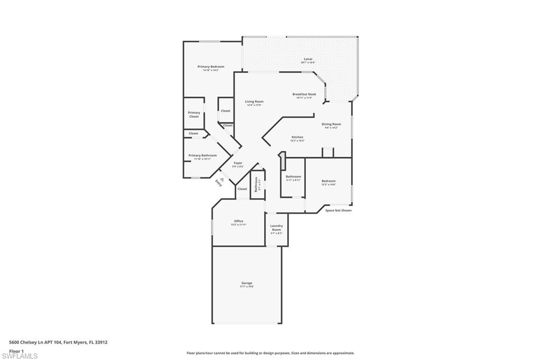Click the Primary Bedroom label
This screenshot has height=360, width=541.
point(211,67)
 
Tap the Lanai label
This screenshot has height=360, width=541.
point(307,59)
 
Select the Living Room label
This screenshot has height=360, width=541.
point(254,102)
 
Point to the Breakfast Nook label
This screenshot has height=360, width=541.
point(304,94)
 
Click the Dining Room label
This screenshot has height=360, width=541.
point(331,125)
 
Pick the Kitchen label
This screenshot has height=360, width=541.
point(297,137)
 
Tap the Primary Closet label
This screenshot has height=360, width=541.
point(194,115)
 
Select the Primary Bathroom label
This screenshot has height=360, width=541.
point(202,156)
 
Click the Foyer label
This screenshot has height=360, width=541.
point(238,164)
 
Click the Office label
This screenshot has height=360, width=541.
point(239,221)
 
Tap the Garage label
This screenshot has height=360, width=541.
point(247,283)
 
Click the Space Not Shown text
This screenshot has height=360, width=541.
point(338,211)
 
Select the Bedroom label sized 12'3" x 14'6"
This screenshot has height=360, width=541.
point(329,182)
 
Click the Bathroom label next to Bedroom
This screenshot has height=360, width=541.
point(293,177)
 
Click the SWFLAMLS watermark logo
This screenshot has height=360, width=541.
point(20,356)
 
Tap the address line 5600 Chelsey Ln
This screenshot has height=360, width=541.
point(58,342)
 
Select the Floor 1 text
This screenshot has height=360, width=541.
point(16,350)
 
